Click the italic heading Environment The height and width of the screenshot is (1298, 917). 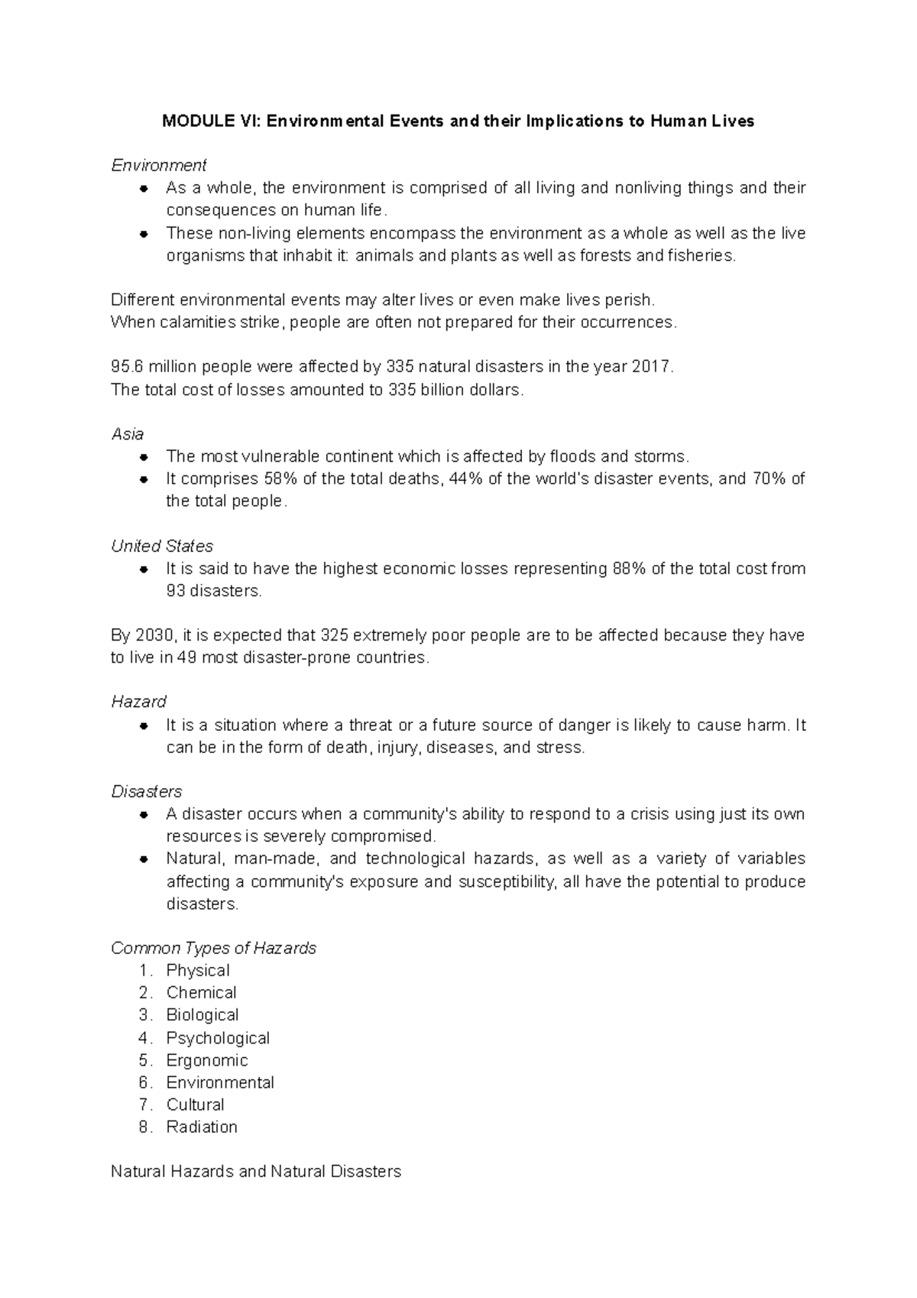coord(159,165)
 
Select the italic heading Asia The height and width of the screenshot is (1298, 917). coord(128,434)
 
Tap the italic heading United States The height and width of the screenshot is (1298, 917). coord(162,546)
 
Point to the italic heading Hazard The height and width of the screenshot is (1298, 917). coord(138,702)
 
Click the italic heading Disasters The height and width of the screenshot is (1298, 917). coord(147,791)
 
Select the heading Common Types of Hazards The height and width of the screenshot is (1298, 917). coord(213,948)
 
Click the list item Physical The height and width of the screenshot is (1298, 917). coord(198,970)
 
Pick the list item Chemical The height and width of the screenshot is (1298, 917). coord(201,992)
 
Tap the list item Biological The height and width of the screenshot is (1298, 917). coord(203,1014)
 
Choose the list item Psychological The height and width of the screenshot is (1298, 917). coord(218,1038)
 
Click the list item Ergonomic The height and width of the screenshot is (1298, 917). coord(207,1060)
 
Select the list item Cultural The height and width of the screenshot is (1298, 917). coord(196,1105)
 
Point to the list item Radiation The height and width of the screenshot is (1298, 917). coord(202,1127)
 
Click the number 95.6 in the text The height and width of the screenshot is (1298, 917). coord(127,367)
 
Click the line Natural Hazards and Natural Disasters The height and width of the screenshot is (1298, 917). coord(256,1171)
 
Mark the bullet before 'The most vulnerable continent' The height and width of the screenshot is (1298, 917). coord(144,457)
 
